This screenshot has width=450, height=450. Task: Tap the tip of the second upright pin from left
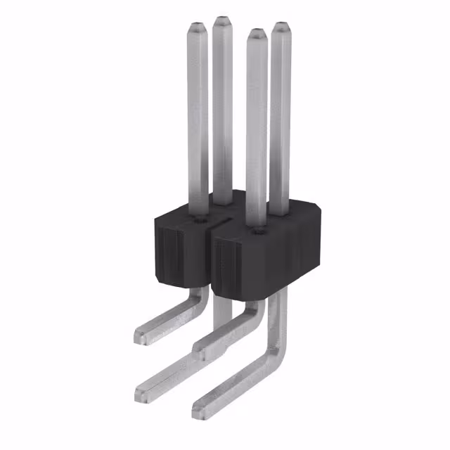coord(223,20)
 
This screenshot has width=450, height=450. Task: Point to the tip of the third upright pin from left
coord(256,32)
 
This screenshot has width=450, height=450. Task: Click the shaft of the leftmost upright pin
coord(198,120)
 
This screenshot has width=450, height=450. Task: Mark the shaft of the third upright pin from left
coord(257,127)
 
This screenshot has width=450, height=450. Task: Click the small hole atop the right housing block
coord(258,230)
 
